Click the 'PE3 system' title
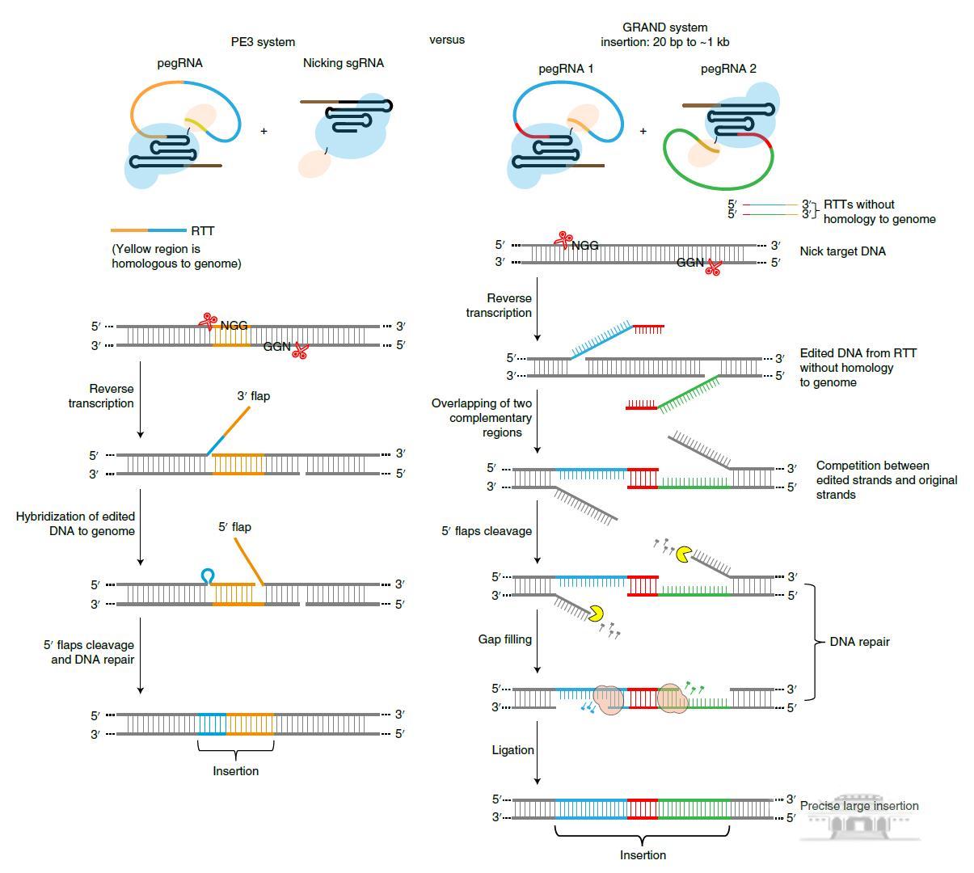click(x=263, y=42)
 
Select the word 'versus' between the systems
click(x=446, y=40)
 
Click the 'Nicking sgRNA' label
click(x=344, y=63)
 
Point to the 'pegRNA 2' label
click(x=728, y=69)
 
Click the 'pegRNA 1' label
click(x=566, y=69)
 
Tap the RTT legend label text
click(x=203, y=231)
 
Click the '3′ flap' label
click(x=253, y=396)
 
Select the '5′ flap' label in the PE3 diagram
click(x=234, y=527)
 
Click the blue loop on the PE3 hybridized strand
click(x=208, y=576)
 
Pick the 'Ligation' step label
click(x=512, y=750)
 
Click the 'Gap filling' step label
click(x=504, y=639)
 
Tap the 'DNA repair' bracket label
click(x=859, y=642)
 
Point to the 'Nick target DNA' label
click(x=842, y=251)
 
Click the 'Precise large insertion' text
click(x=858, y=806)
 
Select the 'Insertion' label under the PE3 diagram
click(x=236, y=771)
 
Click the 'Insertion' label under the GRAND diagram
click(x=643, y=855)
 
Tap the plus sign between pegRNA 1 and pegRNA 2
click(x=643, y=131)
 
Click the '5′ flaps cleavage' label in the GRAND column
click(x=487, y=531)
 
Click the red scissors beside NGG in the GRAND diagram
click(x=562, y=240)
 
